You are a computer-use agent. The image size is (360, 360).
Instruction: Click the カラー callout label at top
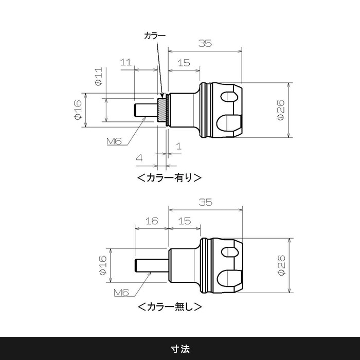point(154,36)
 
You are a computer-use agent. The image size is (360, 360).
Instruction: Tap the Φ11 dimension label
point(98,76)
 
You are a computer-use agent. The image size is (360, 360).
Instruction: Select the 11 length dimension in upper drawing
point(125,62)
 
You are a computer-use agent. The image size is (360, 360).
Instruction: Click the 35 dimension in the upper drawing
point(205,43)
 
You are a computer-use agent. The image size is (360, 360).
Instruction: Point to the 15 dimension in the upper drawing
point(184,63)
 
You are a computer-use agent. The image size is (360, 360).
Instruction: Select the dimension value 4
point(139,158)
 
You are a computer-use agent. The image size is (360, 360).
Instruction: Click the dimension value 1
point(178,146)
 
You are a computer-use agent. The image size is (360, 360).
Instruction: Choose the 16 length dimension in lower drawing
point(151,221)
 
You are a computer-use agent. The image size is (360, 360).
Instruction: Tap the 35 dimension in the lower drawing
point(205,202)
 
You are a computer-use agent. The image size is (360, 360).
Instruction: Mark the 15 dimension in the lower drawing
point(184,221)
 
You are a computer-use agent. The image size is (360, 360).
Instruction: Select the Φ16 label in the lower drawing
point(101,265)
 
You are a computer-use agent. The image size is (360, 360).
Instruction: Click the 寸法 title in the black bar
point(180,348)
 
